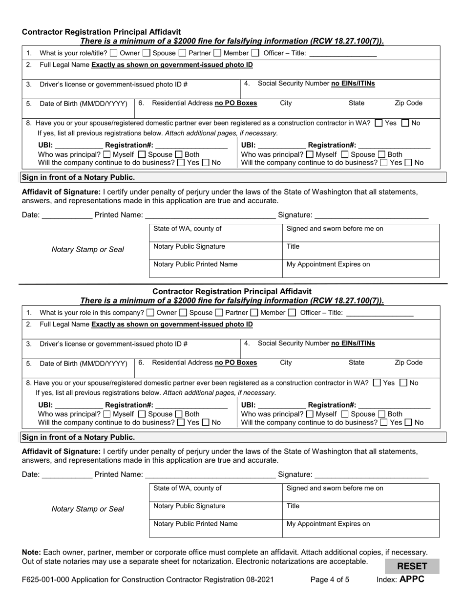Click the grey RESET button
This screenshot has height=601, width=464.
point(412,566)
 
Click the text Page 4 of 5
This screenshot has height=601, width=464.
point(330,580)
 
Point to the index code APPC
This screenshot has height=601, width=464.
point(412,580)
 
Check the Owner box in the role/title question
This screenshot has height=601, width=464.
point(114,53)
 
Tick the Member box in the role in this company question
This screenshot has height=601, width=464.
point(254,313)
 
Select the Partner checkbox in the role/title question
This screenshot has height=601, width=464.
point(182,53)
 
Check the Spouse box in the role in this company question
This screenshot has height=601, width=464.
point(183,313)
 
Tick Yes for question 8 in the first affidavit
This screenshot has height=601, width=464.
point(379,123)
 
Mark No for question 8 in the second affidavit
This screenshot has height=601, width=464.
point(403,383)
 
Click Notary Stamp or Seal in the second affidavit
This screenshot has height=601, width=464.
point(88,509)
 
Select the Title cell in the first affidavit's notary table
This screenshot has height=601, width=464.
point(360,251)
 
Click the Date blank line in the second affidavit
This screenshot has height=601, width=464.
point(67,475)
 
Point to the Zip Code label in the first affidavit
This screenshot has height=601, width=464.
point(408,103)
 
